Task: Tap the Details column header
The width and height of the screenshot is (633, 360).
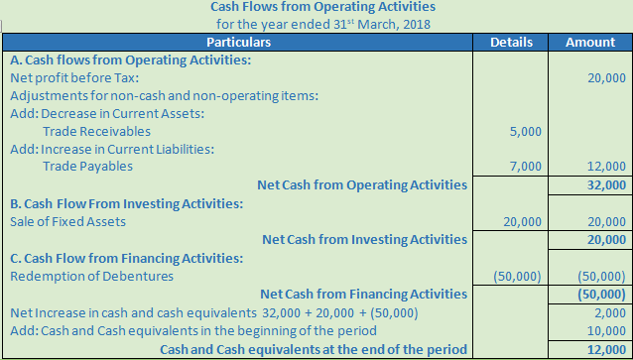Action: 512,43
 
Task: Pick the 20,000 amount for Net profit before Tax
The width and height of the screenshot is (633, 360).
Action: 606,77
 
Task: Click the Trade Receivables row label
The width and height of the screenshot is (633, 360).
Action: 97,131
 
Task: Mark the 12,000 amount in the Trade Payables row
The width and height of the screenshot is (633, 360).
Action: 606,167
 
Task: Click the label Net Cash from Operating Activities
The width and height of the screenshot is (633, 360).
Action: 361,184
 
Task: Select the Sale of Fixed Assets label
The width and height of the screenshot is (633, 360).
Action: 67,221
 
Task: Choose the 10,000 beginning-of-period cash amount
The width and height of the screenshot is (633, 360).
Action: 606,330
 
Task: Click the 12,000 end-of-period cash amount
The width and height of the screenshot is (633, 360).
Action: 606,348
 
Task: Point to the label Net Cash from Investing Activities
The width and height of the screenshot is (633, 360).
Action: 364,239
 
